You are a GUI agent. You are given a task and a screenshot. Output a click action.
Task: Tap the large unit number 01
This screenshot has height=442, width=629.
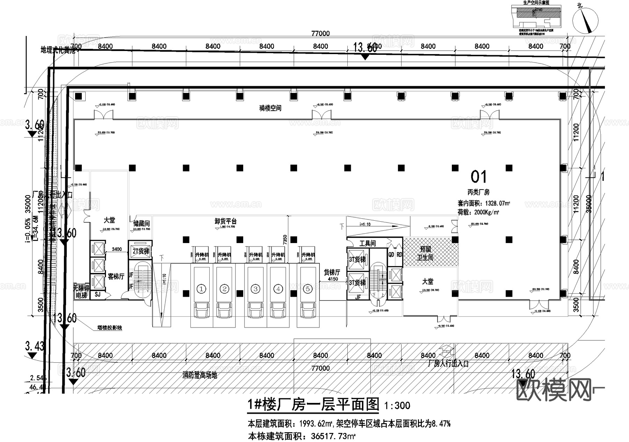point(478,177)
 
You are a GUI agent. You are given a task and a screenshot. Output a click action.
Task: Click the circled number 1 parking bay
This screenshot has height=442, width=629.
point(201,289)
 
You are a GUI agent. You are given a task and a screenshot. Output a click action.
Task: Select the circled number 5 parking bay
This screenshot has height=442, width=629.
point(308,289)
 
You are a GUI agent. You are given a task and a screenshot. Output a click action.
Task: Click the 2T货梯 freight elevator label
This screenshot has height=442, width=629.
point(140,251)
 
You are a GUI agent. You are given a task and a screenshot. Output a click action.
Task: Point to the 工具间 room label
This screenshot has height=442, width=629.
point(367,243)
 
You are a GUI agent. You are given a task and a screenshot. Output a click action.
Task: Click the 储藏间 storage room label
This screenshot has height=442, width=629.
point(142,223)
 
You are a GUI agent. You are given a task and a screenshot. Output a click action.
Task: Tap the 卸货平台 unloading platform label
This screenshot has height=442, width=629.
point(225,221)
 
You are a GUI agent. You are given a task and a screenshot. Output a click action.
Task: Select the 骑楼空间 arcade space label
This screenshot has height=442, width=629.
point(270,108)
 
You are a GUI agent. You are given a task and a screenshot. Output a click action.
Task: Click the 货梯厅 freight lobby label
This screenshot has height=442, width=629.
point(332,273)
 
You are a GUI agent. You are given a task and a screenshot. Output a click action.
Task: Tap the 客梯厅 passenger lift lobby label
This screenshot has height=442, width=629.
point(116,277)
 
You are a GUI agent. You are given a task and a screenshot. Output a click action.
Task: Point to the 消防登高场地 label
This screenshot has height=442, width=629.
point(200,375)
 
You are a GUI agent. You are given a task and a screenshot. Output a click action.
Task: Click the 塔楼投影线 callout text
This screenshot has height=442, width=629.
point(110,328)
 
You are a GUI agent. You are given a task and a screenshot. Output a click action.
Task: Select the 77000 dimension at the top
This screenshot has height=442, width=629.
point(320,34)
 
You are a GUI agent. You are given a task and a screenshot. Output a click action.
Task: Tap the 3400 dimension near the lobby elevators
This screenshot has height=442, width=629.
point(117,249)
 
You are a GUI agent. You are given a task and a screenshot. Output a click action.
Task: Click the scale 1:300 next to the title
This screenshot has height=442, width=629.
point(397,406)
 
